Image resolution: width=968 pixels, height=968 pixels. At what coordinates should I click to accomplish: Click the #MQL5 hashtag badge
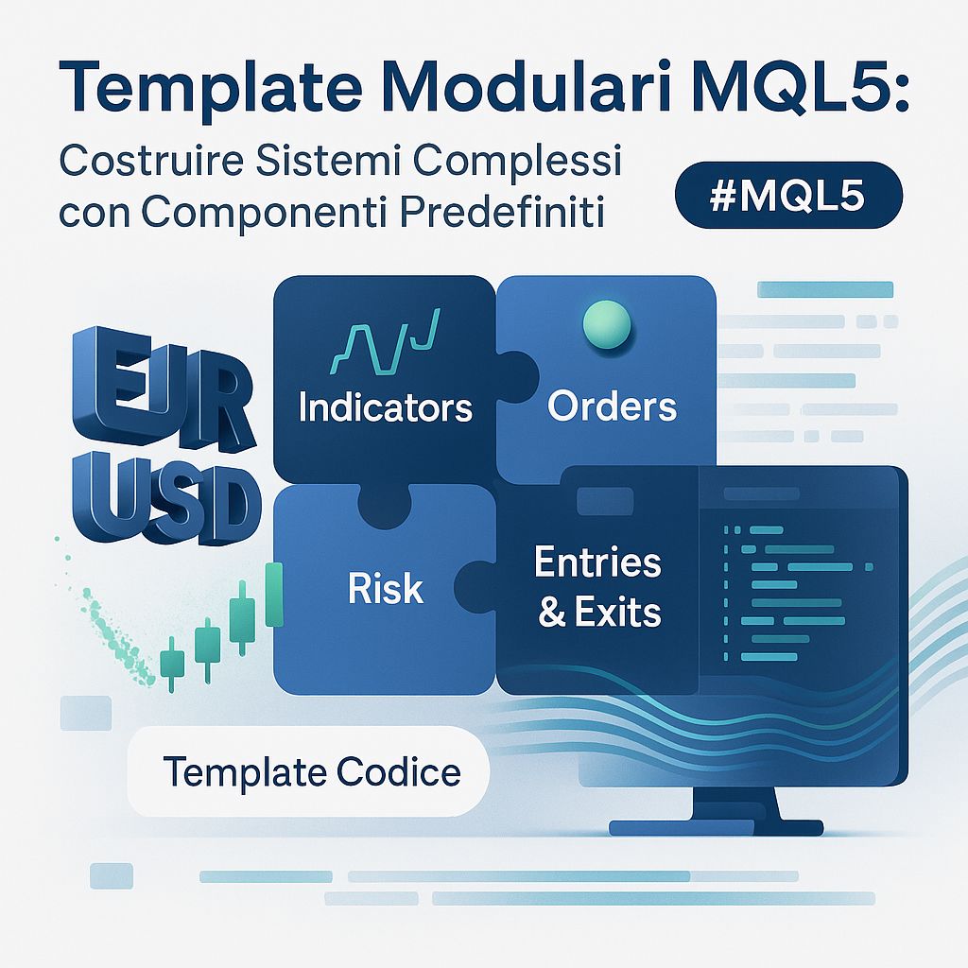[x=789, y=199]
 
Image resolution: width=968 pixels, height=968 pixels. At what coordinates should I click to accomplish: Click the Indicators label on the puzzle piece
[x=385, y=407]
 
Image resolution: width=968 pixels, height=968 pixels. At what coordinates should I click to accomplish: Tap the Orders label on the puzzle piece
[x=613, y=406]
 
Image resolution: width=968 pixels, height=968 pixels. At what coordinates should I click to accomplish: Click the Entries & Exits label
[x=597, y=587]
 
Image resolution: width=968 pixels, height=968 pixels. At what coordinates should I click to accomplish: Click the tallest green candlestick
[x=275, y=595]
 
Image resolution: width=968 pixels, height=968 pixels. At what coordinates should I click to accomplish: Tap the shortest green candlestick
[x=172, y=659]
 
